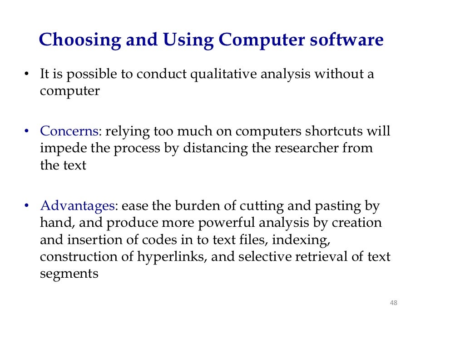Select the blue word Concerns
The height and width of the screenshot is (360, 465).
tap(69, 131)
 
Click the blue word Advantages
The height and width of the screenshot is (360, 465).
tap(77, 206)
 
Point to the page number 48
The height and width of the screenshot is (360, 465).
tap(394, 303)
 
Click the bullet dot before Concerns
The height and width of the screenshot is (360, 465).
tap(27, 131)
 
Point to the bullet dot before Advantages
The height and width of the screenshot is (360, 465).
tap(27, 206)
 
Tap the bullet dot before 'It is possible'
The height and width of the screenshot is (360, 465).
tap(27, 74)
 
